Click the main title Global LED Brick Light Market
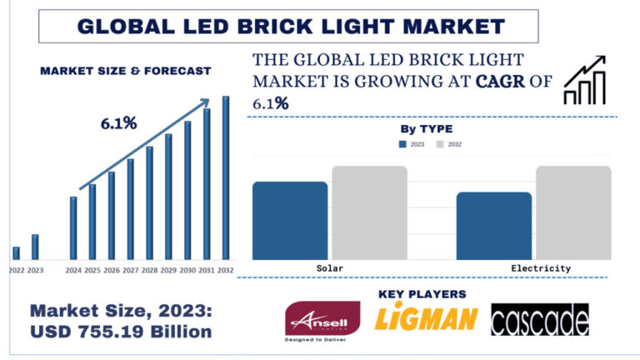pos(290,26)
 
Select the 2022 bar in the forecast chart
pos(16,252)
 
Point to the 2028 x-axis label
pos(149,271)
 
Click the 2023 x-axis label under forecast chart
pos(35,271)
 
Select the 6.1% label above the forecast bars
pos(118,123)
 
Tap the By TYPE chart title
pos(427,129)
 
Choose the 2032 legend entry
pos(449,144)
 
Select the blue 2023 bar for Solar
pos(290,220)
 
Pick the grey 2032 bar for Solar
pos(369,212)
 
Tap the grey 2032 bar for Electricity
pos(573,212)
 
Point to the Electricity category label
pos(541,268)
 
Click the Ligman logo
pos(426,319)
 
